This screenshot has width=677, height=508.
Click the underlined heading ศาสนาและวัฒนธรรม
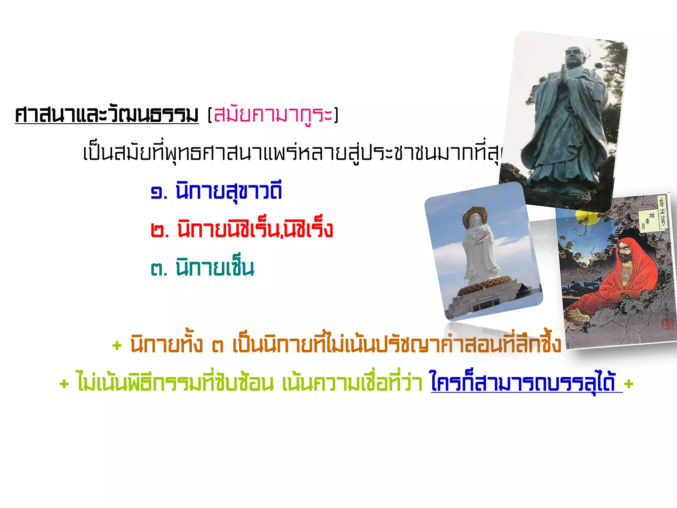coord(107,115)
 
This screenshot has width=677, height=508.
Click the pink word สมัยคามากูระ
coord(273,115)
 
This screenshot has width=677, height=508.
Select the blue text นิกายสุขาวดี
coord(229,191)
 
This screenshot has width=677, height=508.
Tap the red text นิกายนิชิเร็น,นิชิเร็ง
coord(255,229)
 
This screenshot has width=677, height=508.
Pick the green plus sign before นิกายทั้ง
coord(117,346)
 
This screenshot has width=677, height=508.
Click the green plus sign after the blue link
coord(628,384)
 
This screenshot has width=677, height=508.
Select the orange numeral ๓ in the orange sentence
coord(218,346)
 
